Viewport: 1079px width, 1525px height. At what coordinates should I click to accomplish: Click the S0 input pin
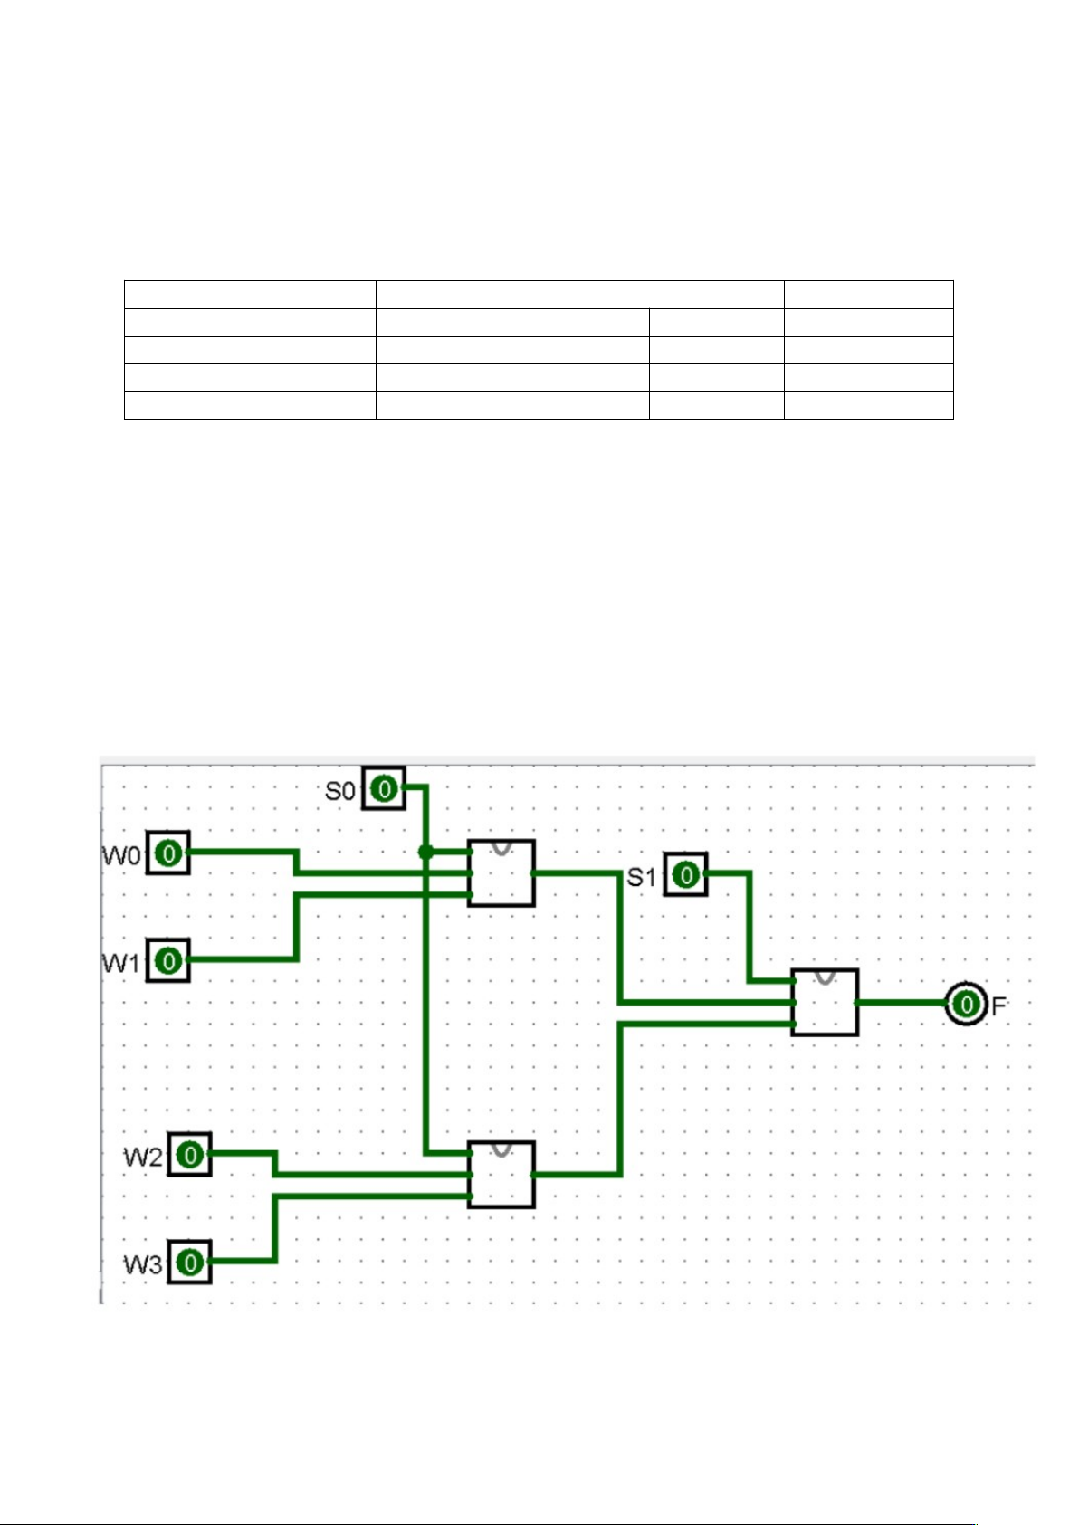pyautogui.click(x=384, y=788)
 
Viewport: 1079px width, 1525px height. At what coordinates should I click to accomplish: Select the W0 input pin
pyautogui.click(x=168, y=853)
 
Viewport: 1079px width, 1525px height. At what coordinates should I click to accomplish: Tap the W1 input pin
pyautogui.click(x=168, y=960)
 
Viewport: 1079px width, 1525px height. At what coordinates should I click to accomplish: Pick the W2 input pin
pyautogui.click(x=190, y=1155)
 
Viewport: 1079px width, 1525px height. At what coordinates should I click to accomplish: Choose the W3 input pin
pyautogui.click(x=190, y=1262)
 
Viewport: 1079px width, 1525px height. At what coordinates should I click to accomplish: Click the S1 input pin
pyautogui.click(x=686, y=874)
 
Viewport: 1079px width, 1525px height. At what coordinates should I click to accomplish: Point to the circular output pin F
pyautogui.click(x=966, y=1004)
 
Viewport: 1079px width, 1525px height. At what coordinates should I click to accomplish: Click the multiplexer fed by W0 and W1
pyautogui.click(x=501, y=873)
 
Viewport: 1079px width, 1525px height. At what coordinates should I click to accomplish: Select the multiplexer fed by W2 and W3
pyautogui.click(x=501, y=1175)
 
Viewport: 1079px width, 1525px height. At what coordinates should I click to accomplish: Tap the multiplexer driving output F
pyautogui.click(x=825, y=1003)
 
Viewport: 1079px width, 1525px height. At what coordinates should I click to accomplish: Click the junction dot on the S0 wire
pyautogui.click(x=425, y=852)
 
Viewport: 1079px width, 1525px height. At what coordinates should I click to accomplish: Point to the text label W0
pyautogui.click(x=121, y=855)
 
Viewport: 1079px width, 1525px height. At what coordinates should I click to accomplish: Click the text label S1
pyautogui.click(x=642, y=877)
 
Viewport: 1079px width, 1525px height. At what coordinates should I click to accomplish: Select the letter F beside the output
pyautogui.click(x=998, y=1006)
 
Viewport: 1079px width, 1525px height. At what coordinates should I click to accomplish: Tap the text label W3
pyautogui.click(x=143, y=1264)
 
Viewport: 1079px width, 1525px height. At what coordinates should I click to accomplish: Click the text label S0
pyautogui.click(x=340, y=791)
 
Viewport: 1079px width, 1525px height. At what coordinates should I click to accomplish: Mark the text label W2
pyautogui.click(x=143, y=1157)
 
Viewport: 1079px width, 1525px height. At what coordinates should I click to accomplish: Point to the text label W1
pyautogui.click(x=121, y=963)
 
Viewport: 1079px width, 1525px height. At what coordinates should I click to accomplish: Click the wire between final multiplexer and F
pyautogui.click(x=901, y=1003)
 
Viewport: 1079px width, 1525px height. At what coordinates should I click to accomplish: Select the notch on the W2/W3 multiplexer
pyautogui.click(x=501, y=1149)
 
